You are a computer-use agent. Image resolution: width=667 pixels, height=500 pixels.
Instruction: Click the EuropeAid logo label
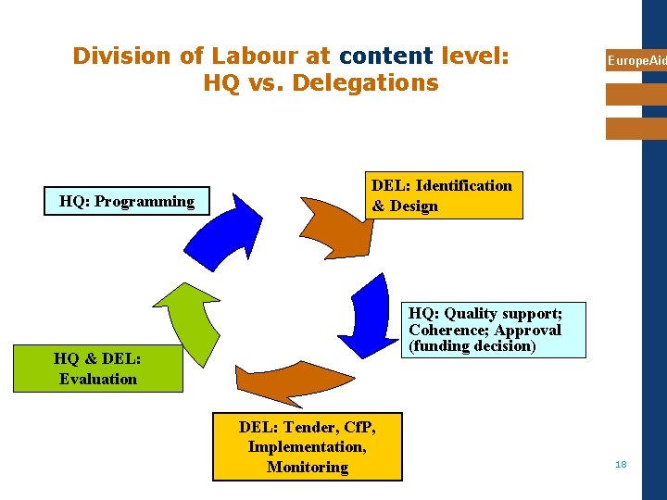(636, 61)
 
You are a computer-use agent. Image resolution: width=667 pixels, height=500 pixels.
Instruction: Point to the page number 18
(621, 464)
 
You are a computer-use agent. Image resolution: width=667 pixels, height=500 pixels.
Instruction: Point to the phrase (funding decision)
(472, 346)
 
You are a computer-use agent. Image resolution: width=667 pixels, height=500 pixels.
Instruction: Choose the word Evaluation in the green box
(98, 378)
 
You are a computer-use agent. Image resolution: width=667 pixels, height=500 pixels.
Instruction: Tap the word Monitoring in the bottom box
(308, 467)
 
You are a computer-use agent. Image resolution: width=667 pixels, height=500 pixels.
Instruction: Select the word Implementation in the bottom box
(306, 446)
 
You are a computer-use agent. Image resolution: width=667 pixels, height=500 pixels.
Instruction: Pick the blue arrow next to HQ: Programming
(222, 231)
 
